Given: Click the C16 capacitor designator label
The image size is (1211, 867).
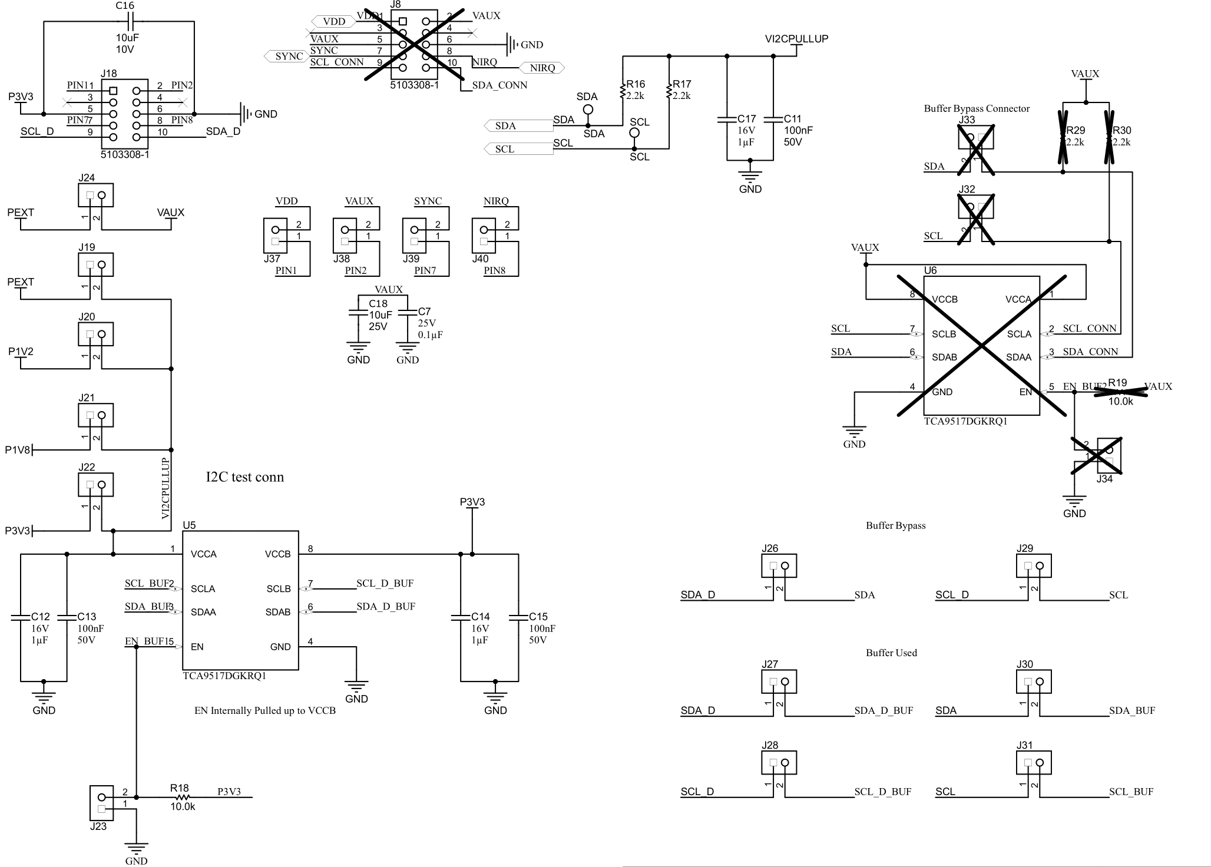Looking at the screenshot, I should point(125,6).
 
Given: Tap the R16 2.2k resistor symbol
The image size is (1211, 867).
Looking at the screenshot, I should point(622,91).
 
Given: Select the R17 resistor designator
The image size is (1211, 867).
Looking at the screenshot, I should point(682,84).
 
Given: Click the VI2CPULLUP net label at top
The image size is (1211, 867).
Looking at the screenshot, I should point(796,39).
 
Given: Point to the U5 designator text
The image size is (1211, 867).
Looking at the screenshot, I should point(189,525).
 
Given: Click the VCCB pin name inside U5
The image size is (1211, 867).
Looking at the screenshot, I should point(277,554).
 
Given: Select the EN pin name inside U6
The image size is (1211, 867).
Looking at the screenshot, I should point(1025,392).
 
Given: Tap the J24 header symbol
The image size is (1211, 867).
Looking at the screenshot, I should point(95,196).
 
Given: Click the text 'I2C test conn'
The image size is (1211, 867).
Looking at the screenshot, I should point(244,477).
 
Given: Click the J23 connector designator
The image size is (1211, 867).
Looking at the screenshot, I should point(98,826).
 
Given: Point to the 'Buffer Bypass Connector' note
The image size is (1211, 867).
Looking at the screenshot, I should point(977,108).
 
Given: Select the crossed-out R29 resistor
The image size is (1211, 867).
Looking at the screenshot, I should point(1063,137).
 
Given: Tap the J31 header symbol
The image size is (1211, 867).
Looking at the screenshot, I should point(1034,763).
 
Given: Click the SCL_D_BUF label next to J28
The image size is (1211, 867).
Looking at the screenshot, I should point(882,792).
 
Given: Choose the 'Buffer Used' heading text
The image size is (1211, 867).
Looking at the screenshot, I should point(891,653).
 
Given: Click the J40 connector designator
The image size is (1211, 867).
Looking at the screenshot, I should point(480,259).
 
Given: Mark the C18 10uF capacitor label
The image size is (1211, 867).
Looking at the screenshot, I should point(378,304).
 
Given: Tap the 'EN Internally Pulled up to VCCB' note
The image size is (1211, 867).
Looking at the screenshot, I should point(265,711).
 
